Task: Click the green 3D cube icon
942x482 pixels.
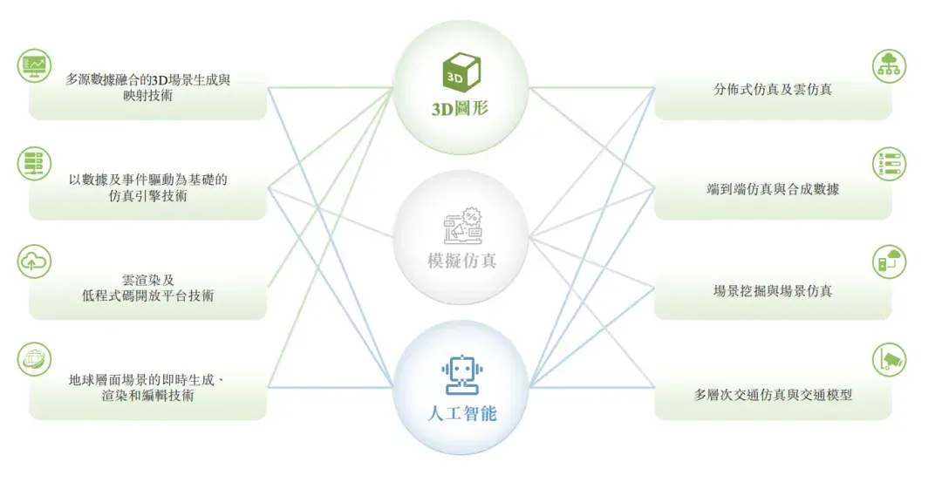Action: point(461,71)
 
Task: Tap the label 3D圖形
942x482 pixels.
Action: point(461,109)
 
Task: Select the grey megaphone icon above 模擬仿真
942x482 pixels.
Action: point(462,226)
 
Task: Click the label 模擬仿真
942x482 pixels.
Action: point(461,261)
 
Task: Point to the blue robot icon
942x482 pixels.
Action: point(461,375)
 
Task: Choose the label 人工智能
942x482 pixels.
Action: point(462,413)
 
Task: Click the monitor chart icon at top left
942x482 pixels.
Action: point(34,65)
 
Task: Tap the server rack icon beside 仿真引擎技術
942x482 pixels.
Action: point(34,163)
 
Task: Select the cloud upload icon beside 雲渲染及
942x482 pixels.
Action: point(34,261)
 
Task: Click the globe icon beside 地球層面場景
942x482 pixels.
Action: point(34,360)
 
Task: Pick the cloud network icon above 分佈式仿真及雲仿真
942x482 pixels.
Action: point(889,65)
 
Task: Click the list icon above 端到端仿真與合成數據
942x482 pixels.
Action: point(889,163)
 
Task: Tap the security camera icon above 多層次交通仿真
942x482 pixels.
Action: point(889,360)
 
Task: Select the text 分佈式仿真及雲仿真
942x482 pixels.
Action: point(773,90)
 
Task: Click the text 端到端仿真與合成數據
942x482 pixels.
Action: point(773,189)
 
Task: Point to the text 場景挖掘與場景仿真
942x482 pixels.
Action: point(773,291)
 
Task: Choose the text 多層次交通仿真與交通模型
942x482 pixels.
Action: point(773,394)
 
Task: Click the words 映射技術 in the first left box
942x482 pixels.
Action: point(147,95)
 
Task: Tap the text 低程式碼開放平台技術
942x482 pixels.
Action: point(147,295)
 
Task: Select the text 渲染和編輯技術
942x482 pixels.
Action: point(147,396)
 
